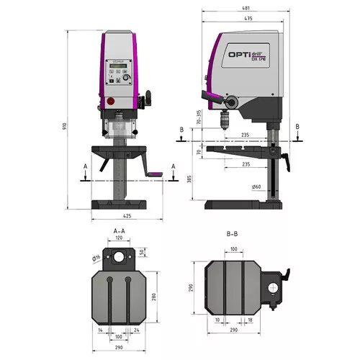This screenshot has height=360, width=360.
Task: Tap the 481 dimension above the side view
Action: point(248,9)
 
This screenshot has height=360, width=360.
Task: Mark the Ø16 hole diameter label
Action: point(95,257)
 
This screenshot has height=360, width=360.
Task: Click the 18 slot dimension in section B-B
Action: point(249,319)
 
